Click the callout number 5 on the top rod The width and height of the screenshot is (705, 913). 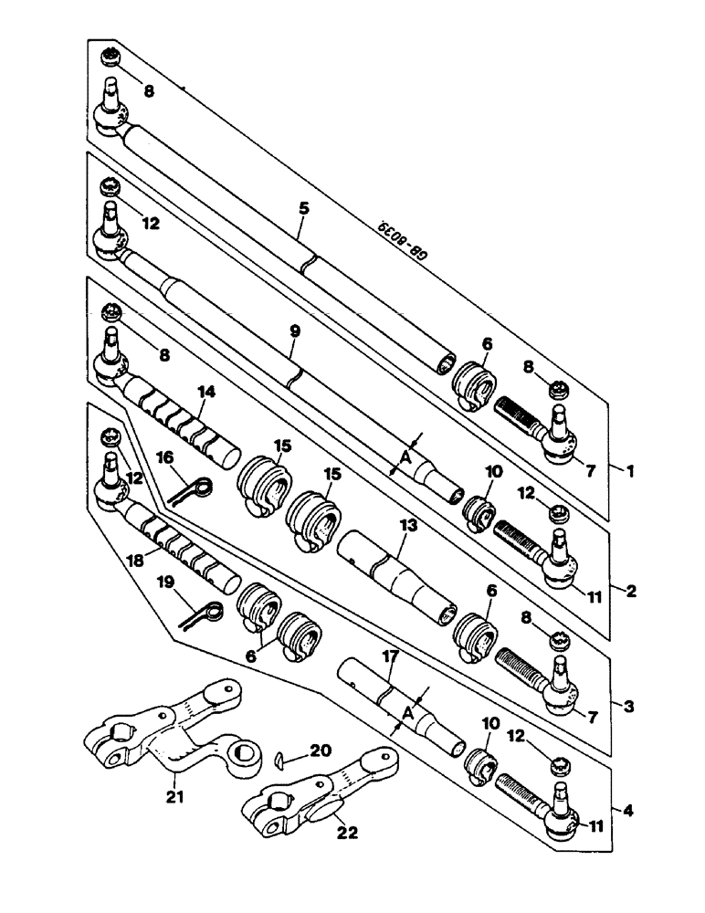(303, 208)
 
